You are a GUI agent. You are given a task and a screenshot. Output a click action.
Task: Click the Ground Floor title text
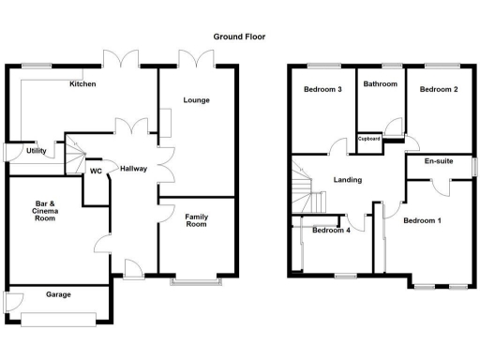point(239,37)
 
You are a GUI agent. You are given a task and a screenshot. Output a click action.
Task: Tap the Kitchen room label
point(82,84)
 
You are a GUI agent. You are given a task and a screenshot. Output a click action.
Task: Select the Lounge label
point(196,99)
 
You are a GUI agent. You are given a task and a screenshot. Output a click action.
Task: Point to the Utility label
point(37,150)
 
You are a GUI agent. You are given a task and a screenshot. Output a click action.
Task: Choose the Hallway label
point(132,168)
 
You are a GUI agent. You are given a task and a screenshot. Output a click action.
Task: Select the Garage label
point(60,294)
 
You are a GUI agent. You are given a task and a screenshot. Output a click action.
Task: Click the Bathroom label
point(381,84)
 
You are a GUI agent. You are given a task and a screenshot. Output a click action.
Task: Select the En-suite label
point(439,161)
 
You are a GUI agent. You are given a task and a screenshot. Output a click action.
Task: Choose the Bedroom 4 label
point(331,230)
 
